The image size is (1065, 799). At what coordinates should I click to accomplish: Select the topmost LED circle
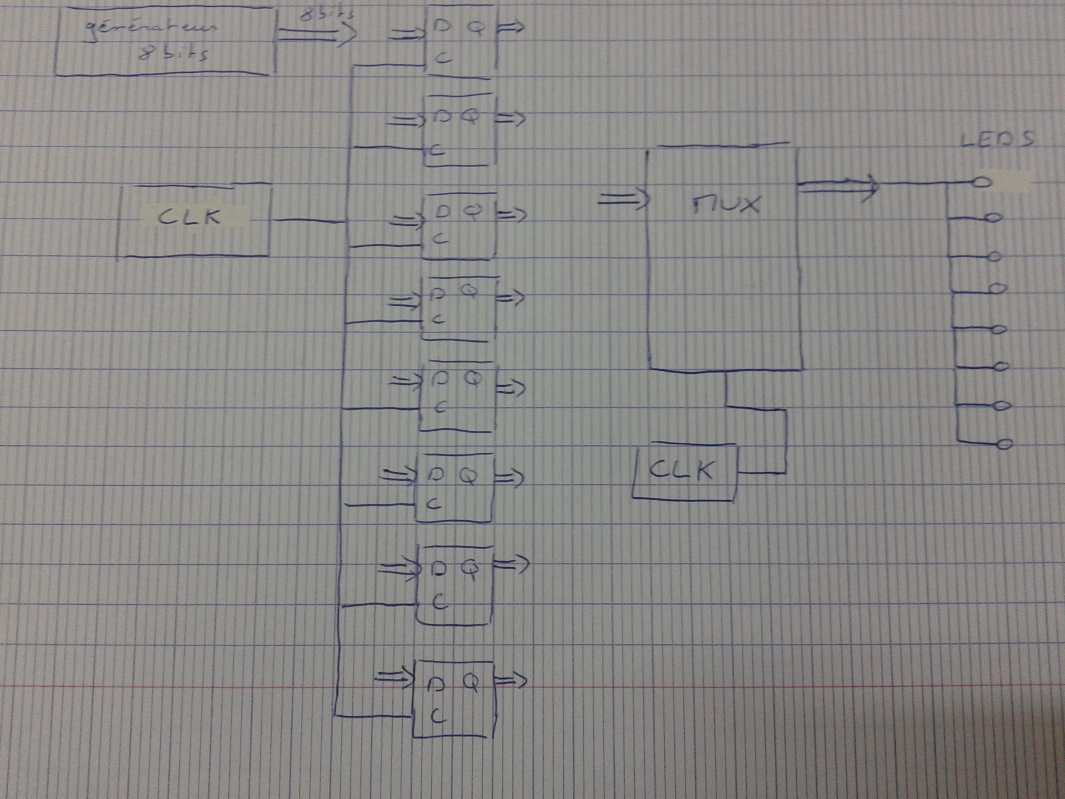[x=982, y=182]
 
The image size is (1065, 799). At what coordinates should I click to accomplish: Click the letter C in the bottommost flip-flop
[x=438, y=716]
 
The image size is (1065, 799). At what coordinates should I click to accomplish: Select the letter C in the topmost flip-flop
[x=443, y=58]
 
